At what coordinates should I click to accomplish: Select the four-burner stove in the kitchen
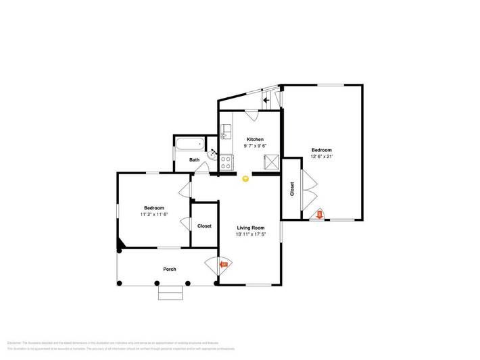pos(226,163)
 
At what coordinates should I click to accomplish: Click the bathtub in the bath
pos(190,143)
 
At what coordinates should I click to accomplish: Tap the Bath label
pos(195,160)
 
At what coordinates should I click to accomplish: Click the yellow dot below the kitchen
pos(245,178)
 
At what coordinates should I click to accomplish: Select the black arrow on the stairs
pos(266,100)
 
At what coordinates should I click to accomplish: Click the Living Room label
pos(250,228)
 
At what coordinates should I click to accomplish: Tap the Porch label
pos(169,269)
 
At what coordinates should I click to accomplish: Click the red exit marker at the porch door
pos(224,264)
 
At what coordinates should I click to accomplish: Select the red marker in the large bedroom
pos(320,215)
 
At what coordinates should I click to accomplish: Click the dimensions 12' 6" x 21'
pos(322,156)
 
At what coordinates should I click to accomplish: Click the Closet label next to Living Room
pos(204,226)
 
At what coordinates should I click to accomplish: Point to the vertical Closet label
pos(292,188)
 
